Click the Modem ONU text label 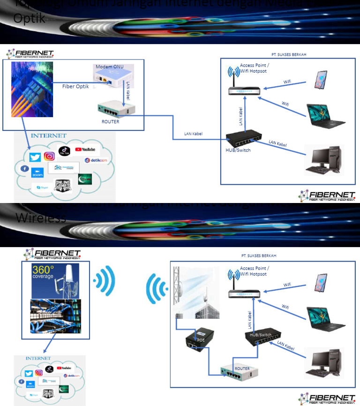110,67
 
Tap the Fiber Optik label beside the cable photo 76,87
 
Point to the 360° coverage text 43,273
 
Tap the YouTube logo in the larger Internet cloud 85,150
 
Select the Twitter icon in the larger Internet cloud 36,157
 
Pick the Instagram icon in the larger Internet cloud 49,157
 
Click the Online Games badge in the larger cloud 63,186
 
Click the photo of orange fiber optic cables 32,89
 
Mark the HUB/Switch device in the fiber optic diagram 243,138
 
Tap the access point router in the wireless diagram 243,292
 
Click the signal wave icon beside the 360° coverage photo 104,282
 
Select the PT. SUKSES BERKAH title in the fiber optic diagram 289,54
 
